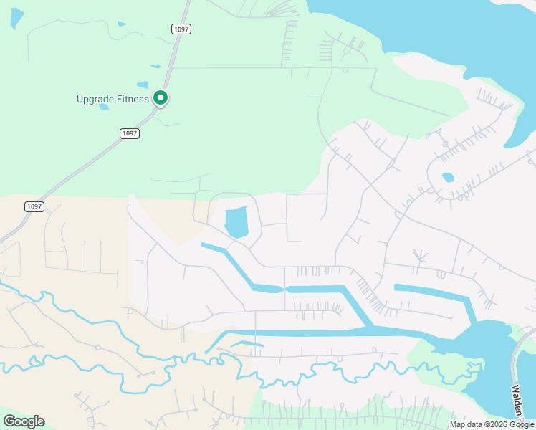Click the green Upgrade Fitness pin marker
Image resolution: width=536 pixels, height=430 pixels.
click(161, 98)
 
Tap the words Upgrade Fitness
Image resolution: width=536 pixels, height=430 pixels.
click(113, 99)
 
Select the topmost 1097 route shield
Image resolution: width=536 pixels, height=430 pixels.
click(181, 28)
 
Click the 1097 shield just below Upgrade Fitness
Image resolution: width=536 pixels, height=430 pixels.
click(129, 133)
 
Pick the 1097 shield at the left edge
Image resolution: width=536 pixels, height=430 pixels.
click(34, 206)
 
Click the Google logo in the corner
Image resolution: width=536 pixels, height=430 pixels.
click(24, 421)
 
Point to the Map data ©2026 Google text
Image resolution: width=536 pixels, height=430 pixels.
click(492, 424)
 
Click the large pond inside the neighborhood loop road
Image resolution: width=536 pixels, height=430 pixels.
click(236, 221)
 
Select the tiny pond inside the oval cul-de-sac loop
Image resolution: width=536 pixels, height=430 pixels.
click(448, 177)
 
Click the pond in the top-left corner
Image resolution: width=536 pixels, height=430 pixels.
click(16, 18)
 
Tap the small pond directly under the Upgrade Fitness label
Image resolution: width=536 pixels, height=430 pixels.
click(104, 107)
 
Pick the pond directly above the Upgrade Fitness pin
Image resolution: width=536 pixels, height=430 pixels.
click(155, 67)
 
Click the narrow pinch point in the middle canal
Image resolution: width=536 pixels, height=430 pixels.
click(285, 289)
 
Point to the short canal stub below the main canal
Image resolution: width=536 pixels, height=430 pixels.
click(247, 345)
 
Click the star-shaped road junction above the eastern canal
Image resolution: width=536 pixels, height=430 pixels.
click(418, 256)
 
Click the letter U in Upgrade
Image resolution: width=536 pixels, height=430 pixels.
click(80, 99)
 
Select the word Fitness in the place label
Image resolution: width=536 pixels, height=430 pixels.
click(133, 99)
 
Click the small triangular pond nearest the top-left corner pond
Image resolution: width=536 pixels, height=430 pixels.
click(121, 24)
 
